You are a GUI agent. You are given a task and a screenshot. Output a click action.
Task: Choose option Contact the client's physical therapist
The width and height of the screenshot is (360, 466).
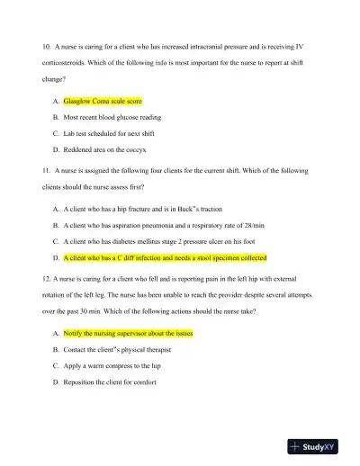[x=117, y=349]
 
